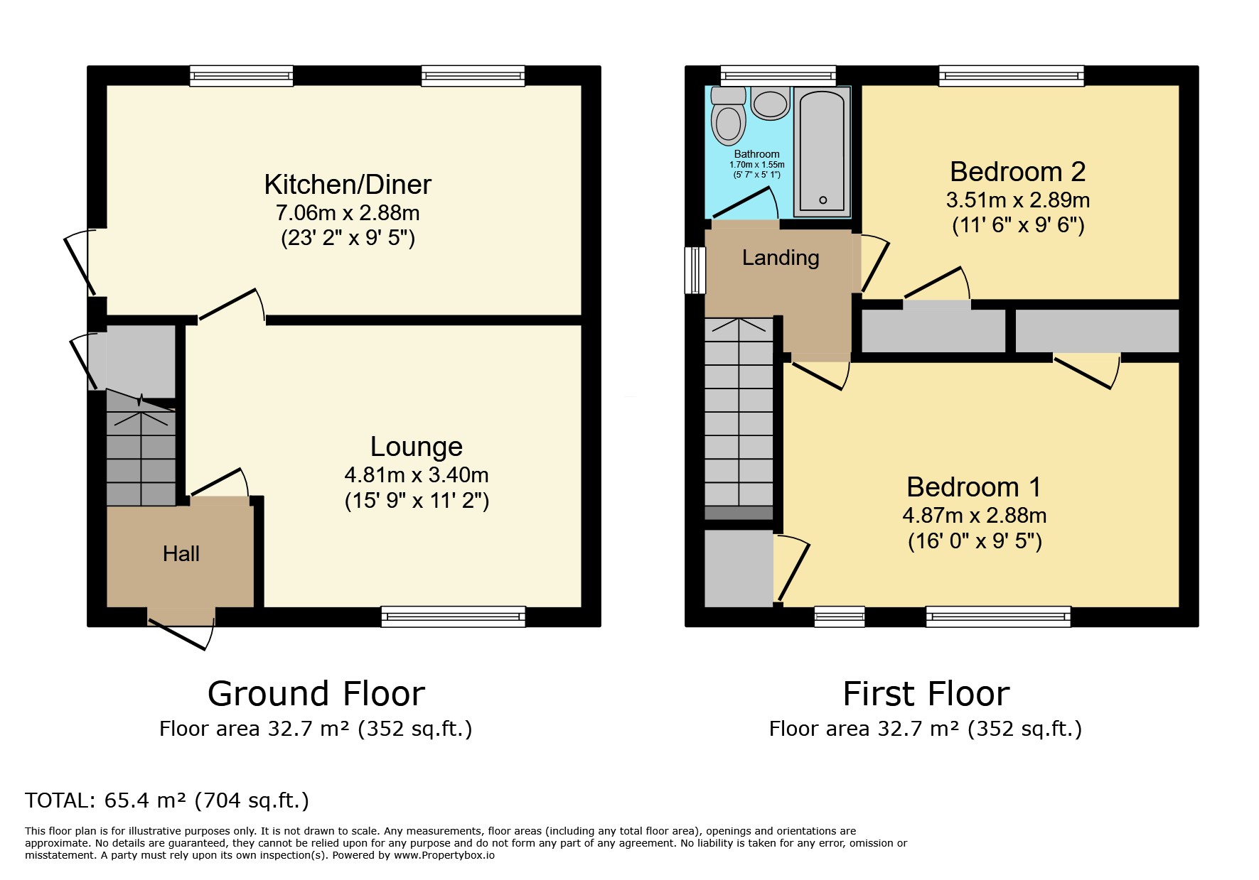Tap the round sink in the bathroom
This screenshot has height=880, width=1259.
click(x=771, y=104)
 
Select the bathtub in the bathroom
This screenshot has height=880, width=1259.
click(x=823, y=151)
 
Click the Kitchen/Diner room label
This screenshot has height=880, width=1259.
click(x=348, y=185)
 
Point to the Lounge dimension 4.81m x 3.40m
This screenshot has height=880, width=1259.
click(x=417, y=474)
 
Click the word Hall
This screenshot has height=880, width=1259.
click(x=181, y=554)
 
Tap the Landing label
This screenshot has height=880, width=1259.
click(x=781, y=257)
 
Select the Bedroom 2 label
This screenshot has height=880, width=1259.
click(x=1017, y=172)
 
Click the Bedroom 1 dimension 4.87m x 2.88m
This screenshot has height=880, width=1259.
click(x=974, y=515)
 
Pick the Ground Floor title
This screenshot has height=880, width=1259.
click(x=316, y=694)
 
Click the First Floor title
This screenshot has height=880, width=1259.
click(x=926, y=694)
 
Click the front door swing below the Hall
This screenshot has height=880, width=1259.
click(x=182, y=629)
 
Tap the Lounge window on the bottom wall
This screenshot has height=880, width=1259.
click(x=453, y=616)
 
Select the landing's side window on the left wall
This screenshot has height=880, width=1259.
click(x=695, y=270)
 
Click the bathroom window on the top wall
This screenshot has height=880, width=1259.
click(x=778, y=76)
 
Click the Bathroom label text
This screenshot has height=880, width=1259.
click(x=756, y=154)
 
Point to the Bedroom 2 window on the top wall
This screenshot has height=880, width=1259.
click(x=1012, y=76)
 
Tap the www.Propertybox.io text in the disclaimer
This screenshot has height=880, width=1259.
click(x=444, y=855)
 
